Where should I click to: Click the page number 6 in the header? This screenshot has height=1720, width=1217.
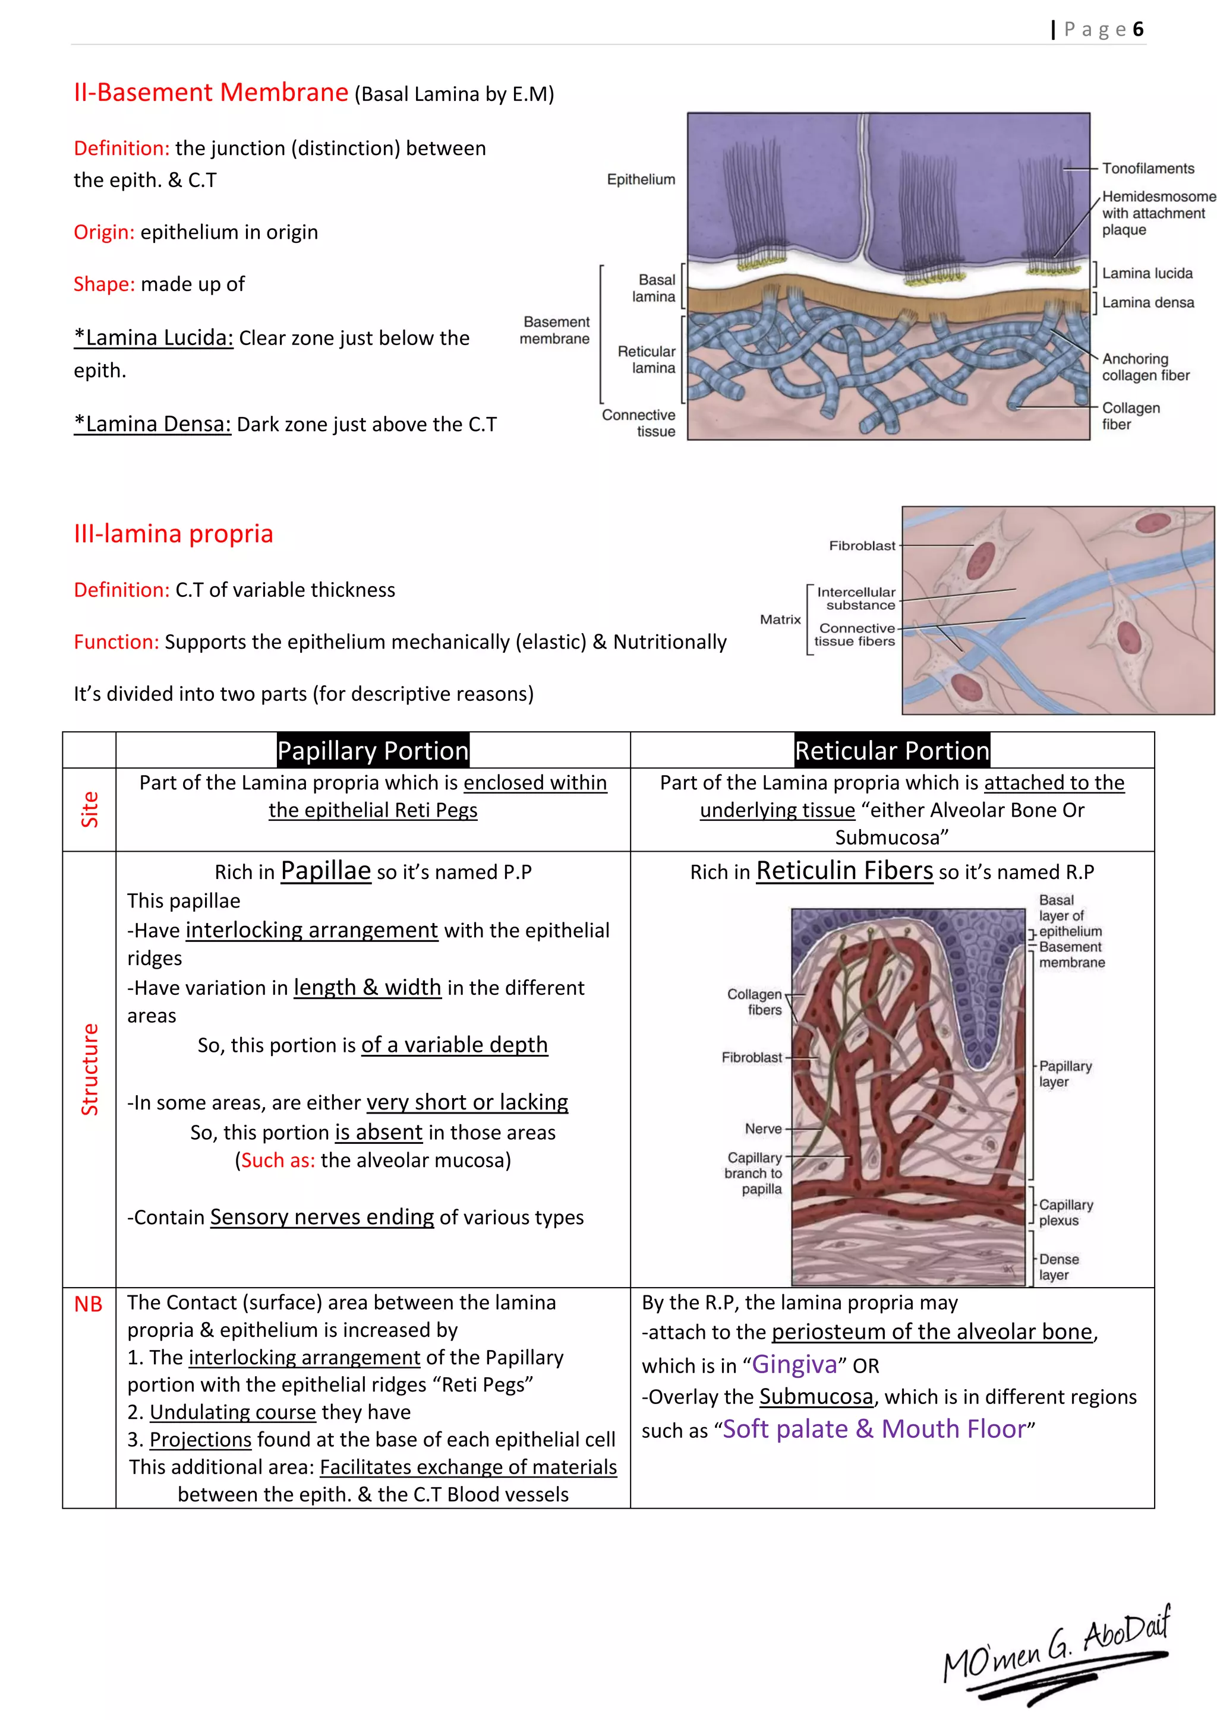point(1137,29)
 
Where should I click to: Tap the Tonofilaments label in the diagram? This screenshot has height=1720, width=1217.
point(1147,169)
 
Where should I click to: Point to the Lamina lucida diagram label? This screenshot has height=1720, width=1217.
point(1146,273)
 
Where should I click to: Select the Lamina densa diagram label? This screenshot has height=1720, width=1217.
point(1147,303)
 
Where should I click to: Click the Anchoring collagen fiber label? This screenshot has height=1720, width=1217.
point(1145,367)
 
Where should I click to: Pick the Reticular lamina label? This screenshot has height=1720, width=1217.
point(646,359)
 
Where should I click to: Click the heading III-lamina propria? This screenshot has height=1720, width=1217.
point(173,533)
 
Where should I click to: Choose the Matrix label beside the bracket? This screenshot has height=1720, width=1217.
point(780,619)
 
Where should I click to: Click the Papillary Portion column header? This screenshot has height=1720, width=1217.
point(373,751)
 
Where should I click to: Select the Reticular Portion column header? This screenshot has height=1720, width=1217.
point(892,751)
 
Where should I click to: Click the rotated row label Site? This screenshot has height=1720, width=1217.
point(89,809)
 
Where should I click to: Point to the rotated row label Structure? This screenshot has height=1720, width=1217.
point(89,1069)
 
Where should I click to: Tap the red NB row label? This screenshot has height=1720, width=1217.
point(89,1304)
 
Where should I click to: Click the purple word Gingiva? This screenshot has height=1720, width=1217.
point(794,1364)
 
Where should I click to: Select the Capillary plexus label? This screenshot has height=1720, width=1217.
point(1065,1212)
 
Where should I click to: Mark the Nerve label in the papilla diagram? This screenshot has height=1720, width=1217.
point(763,1129)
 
